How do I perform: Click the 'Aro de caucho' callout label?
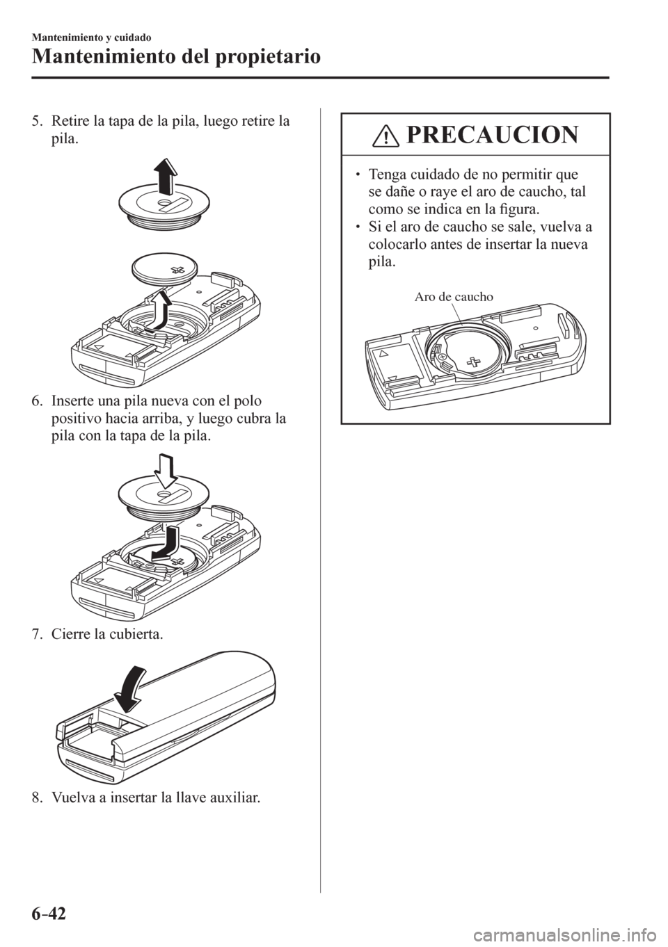tap(454, 297)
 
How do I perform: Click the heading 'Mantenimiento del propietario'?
tap(175, 56)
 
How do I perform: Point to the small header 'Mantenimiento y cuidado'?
tap(91, 38)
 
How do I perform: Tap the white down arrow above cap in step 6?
tap(168, 470)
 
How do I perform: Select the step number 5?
tap(37, 122)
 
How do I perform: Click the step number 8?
tap(37, 799)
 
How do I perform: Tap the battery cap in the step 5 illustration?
tap(164, 208)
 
